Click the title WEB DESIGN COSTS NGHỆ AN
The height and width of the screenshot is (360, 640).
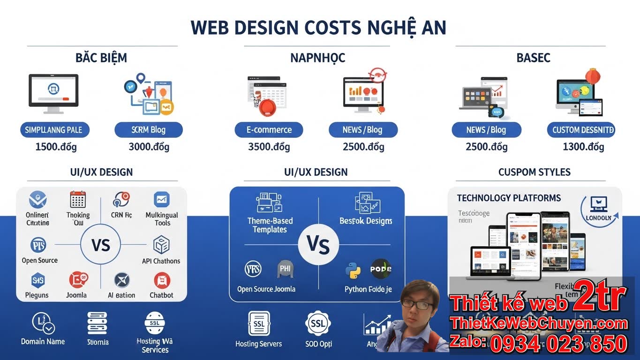[x=318, y=28]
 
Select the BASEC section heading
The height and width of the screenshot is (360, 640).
[x=533, y=58]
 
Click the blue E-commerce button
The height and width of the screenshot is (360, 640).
[x=269, y=130]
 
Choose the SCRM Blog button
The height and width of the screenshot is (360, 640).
[x=149, y=130]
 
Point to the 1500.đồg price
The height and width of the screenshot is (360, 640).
[x=56, y=147]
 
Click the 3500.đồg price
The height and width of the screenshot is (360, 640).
[x=269, y=147]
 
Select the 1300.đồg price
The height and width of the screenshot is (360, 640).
[x=583, y=147]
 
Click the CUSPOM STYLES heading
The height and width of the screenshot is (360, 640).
[x=534, y=172]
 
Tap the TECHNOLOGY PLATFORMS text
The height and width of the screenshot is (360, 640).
[x=509, y=198]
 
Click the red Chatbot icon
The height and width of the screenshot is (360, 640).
[x=162, y=280]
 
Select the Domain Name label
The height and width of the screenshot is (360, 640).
[x=43, y=341]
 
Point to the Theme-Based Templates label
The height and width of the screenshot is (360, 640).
[x=270, y=225]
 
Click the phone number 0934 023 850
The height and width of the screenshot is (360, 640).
[x=558, y=344]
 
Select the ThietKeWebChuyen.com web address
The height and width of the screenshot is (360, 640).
[x=539, y=323]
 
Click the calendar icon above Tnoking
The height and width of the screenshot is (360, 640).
[x=77, y=200]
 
